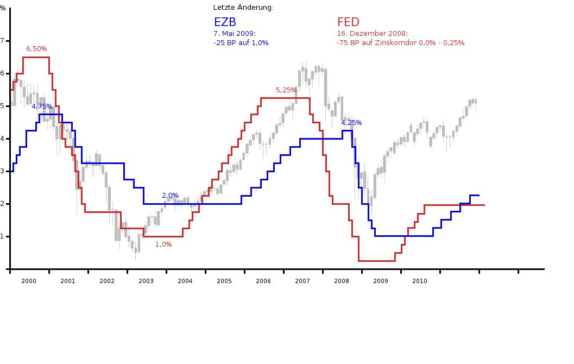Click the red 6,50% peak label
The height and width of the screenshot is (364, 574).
tap(36, 49)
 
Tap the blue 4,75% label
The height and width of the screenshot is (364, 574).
tap(42, 106)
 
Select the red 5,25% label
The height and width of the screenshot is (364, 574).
tap(286, 90)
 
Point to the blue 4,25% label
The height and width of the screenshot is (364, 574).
tap(351, 123)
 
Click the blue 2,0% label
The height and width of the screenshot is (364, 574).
tap(170, 196)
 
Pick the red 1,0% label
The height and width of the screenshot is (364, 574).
tap(163, 244)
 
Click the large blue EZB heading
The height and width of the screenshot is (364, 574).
tap(225, 22)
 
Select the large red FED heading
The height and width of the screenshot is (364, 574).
tap(348, 22)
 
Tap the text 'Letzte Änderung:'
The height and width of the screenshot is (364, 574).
tap(243, 8)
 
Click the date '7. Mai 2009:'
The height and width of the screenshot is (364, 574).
tap(235, 33)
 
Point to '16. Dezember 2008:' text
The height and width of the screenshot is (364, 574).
tap(372, 33)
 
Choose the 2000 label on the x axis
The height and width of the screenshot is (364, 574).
tap(29, 281)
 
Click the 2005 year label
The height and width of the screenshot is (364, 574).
tap(224, 281)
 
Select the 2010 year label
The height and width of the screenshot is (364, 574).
tap(420, 281)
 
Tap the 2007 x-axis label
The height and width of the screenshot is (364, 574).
tap(302, 281)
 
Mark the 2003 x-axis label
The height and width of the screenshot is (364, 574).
tap(146, 281)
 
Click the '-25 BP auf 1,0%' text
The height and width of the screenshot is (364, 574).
tap(241, 42)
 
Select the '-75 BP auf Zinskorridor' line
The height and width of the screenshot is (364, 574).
tap(400, 42)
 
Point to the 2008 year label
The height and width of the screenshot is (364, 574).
tap(342, 281)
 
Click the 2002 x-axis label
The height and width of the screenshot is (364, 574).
tap(107, 281)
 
